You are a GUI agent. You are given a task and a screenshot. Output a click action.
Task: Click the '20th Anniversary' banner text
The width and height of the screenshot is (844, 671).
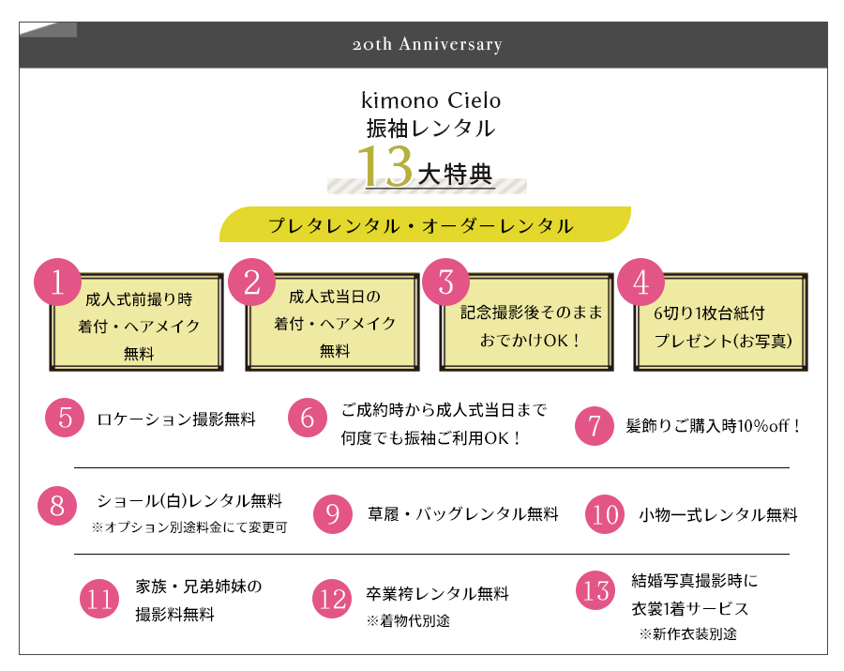pos(428,44)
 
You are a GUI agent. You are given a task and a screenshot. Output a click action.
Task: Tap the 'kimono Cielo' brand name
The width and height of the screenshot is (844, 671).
pos(430,100)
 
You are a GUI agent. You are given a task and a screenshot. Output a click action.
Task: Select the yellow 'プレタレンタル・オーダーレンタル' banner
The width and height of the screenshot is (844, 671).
pos(425,224)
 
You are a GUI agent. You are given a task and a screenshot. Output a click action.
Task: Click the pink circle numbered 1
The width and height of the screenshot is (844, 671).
pos(57,282)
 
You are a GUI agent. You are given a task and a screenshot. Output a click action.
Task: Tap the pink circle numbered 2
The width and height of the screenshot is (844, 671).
pos(251,282)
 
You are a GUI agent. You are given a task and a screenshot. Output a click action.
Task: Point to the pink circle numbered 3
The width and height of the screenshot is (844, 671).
pos(445,282)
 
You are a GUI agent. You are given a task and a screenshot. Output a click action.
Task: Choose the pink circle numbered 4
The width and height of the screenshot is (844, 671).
pos(641,282)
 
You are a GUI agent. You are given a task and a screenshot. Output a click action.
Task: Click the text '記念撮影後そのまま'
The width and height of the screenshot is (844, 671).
pos(532,313)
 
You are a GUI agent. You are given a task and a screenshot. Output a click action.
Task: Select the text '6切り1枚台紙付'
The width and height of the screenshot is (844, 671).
pos(709,313)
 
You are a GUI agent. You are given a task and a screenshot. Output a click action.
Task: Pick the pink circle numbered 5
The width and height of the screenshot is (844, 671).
pos(65,418)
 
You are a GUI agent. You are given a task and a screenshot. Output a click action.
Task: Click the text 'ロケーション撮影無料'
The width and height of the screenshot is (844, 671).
pos(176,419)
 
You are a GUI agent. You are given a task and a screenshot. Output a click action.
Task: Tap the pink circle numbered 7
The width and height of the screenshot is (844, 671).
pos(595,426)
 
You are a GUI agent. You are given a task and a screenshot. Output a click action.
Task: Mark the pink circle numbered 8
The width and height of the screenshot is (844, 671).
pos(57,506)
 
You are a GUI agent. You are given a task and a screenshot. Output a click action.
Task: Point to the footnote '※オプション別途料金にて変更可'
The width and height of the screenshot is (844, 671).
pos(189,526)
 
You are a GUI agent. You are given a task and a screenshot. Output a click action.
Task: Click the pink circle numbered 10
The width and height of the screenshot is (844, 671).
pos(605,514)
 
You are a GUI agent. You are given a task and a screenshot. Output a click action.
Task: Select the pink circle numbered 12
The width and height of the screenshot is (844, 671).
pos(332,599)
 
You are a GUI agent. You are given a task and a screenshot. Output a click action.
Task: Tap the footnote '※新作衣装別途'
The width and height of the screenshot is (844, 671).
pos(688,633)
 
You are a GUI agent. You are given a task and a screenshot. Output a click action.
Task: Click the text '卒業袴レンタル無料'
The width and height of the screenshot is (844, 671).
pos(438,593)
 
